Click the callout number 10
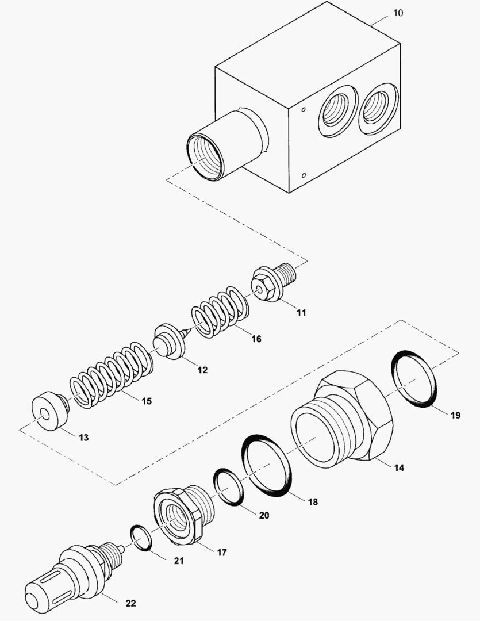click(x=398, y=13)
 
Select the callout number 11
click(x=301, y=313)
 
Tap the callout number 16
click(x=256, y=339)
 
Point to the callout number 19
click(x=455, y=415)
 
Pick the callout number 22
click(x=130, y=603)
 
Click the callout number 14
click(x=398, y=467)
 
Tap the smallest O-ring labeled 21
click(x=141, y=538)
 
